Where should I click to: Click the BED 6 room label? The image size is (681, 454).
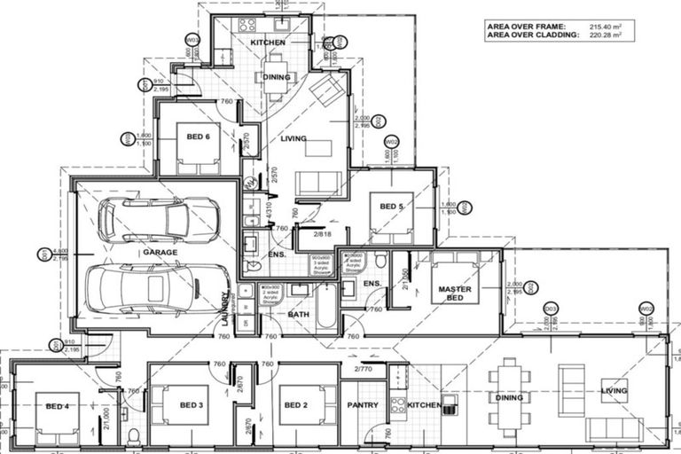[x=198, y=137]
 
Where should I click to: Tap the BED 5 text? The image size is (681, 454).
[x=391, y=207]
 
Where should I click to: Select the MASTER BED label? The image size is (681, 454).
[x=454, y=294]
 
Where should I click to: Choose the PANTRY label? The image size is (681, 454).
[x=362, y=405]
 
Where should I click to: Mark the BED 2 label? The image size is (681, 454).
[x=295, y=405]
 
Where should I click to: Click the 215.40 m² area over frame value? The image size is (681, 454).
[x=601, y=27]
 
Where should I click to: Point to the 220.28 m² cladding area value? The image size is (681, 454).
[x=601, y=35]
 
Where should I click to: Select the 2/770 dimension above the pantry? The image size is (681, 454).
[x=364, y=368]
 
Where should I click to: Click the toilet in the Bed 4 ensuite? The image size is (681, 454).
[x=133, y=435]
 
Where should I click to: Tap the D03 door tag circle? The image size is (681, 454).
[x=551, y=308]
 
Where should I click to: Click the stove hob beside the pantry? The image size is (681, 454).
[x=398, y=407]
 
